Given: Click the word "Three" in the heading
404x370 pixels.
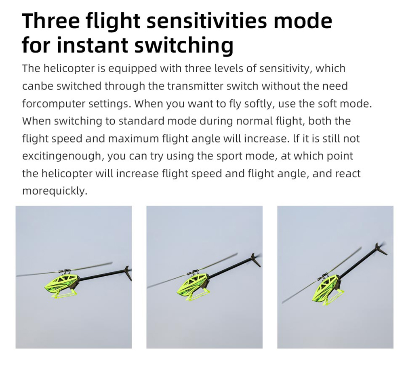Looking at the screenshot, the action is tap(51, 21).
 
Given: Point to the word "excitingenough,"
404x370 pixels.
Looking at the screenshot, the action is tap(63, 156).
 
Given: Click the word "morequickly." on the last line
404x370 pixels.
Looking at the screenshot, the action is tap(55, 191).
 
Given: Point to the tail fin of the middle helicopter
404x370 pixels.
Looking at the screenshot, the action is tap(255, 260).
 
